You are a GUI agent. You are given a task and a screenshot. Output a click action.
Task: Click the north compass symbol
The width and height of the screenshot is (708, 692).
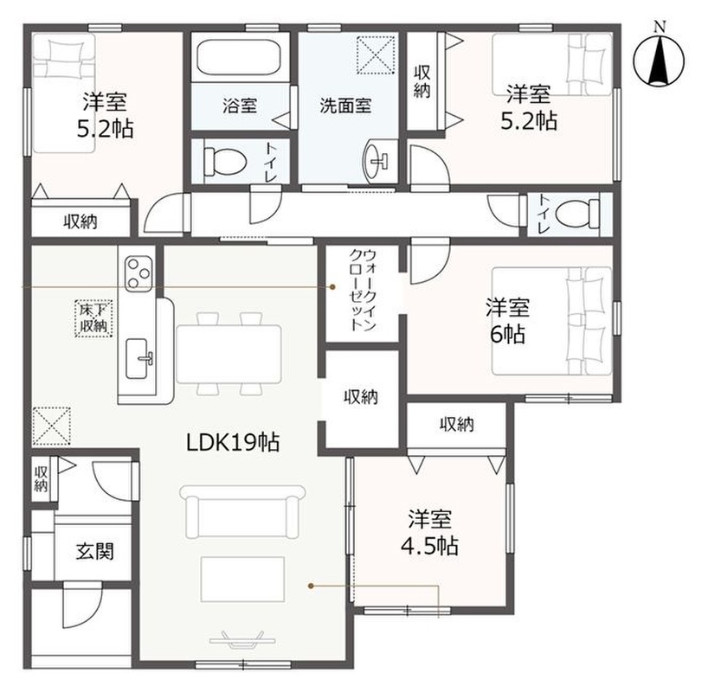[659, 59]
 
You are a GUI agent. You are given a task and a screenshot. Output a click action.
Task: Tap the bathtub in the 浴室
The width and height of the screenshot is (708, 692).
[239, 57]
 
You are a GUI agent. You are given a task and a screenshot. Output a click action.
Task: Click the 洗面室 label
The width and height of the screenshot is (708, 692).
[345, 106]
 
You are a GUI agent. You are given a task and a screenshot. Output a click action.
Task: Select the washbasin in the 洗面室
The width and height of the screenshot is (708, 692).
[376, 161]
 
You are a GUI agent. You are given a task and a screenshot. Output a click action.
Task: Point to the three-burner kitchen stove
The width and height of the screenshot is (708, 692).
[138, 273]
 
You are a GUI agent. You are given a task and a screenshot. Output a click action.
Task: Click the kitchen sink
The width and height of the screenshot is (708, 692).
[139, 358]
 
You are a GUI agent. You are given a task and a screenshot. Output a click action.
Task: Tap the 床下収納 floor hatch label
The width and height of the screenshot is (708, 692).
[93, 318]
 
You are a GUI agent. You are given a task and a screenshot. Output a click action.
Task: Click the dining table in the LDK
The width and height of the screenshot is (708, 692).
[229, 354]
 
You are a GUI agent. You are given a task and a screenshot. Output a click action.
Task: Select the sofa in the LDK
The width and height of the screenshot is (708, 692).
[242, 511]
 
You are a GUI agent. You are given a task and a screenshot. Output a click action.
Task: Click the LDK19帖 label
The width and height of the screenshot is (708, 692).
[233, 442]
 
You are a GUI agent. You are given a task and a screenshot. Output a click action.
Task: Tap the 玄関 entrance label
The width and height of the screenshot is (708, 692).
[94, 551]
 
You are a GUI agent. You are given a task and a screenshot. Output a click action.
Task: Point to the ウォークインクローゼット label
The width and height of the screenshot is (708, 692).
[363, 291]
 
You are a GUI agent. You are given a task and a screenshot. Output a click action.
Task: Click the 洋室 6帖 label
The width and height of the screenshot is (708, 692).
[507, 321]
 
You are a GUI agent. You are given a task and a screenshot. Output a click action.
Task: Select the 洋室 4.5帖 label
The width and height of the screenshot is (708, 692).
[429, 533]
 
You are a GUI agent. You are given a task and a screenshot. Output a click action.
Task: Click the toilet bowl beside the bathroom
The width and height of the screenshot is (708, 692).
[224, 162]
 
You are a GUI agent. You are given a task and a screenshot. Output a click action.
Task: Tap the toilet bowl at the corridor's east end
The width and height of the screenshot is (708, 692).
[577, 213]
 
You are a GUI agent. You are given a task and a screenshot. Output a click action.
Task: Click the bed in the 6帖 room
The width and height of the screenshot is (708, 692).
[551, 321]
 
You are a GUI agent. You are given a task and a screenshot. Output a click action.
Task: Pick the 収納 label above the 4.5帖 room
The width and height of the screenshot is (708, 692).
[457, 425]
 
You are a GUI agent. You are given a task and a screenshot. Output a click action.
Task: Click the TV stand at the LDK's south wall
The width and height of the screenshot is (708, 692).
[243, 639]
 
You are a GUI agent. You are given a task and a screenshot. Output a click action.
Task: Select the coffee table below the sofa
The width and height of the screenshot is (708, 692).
[242, 580]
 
